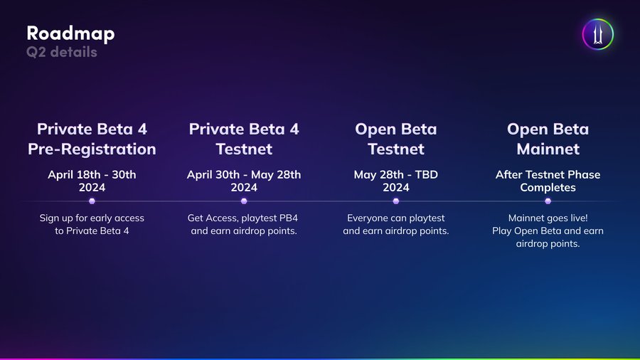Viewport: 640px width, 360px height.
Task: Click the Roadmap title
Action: point(70,33)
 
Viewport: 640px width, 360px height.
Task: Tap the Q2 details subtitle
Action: point(62,52)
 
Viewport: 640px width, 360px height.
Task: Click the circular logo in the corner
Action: point(597,34)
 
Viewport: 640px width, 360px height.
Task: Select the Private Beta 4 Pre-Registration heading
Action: point(92,139)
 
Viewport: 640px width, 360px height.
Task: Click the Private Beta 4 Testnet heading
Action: point(244,139)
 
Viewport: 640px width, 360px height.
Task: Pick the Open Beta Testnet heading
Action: point(396,139)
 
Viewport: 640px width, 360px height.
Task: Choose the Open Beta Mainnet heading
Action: point(548,139)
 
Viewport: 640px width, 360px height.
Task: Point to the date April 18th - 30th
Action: point(92,175)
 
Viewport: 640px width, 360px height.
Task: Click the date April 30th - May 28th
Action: point(244,175)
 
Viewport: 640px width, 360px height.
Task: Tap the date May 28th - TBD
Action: point(396,175)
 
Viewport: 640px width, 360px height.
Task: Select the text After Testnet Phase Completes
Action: point(548,181)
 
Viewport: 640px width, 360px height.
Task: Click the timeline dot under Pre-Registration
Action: point(92,201)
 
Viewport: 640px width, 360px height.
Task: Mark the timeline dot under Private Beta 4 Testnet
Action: point(244,201)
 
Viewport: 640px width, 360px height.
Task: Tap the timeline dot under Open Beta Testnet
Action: point(396,201)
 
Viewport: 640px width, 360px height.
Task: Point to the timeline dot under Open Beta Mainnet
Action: point(548,201)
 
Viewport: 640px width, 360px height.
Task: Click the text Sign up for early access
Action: point(92,218)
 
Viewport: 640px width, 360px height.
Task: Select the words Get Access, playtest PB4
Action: point(244,218)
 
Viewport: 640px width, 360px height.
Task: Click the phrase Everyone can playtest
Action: point(396,218)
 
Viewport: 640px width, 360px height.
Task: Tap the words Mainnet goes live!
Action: point(548,218)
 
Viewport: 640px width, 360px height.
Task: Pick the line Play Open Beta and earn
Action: point(548,231)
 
